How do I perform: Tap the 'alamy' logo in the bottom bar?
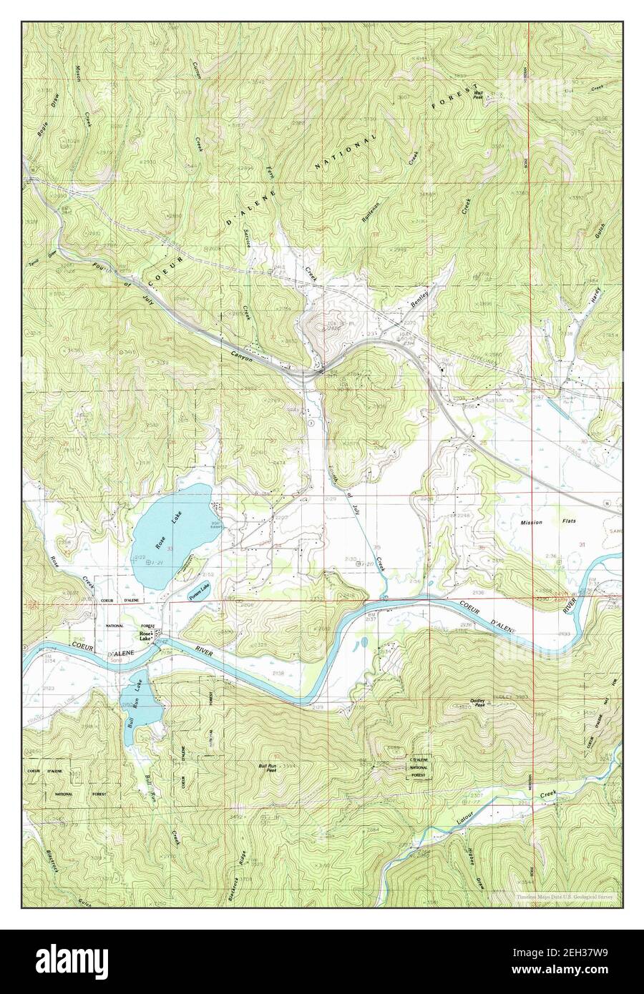(79, 960)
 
